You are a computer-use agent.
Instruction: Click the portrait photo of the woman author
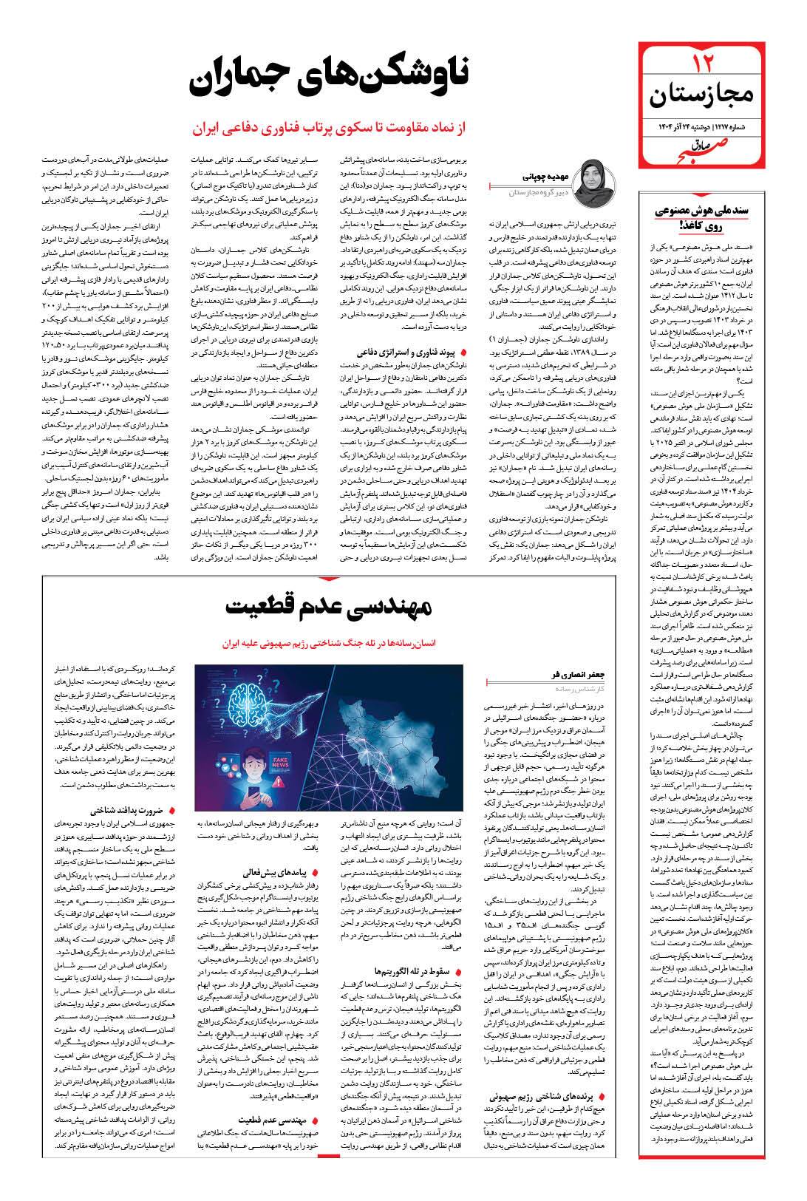(x=596, y=181)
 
